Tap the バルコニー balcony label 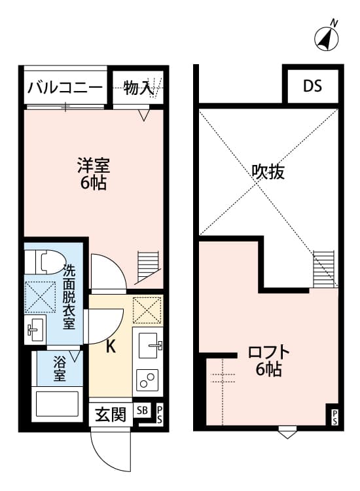tap(65, 88)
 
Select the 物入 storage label tap(138, 88)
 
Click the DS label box tap(312, 86)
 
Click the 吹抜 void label tap(268, 172)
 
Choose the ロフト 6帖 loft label tap(268, 361)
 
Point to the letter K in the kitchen tap(111, 347)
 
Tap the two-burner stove tap(147, 380)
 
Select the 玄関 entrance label tap(110, 414)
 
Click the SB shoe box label tap(142, 410)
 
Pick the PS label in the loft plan tap(334, 416)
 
